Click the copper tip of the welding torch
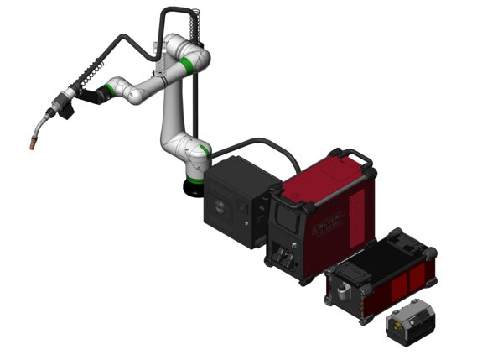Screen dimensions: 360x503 click(x=31, y=145)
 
